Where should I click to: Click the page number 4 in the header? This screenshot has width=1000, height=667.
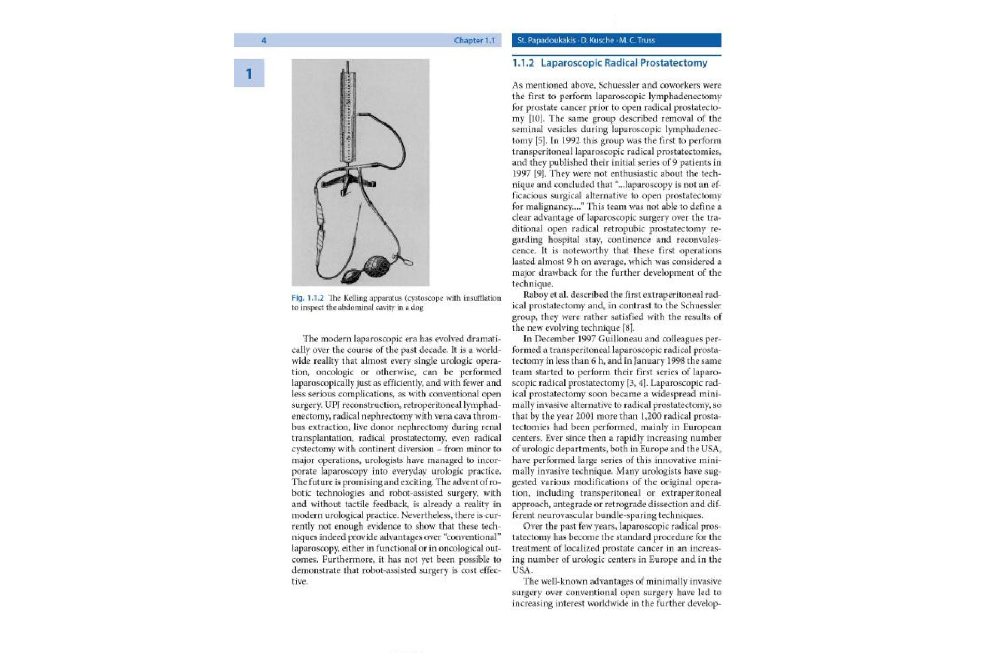tap(264, 41)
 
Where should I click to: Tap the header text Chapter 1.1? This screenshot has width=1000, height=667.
tap(474, 41)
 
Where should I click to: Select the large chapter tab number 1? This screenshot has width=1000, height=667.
tap(249, 74)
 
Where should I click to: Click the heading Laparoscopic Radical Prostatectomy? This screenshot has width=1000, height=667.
tap(623, 63)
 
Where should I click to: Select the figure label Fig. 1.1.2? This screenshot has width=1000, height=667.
tap(307, 298)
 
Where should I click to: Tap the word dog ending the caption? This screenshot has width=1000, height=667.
tap(417, 307)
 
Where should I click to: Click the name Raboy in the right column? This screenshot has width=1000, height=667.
tap(537, 295)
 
